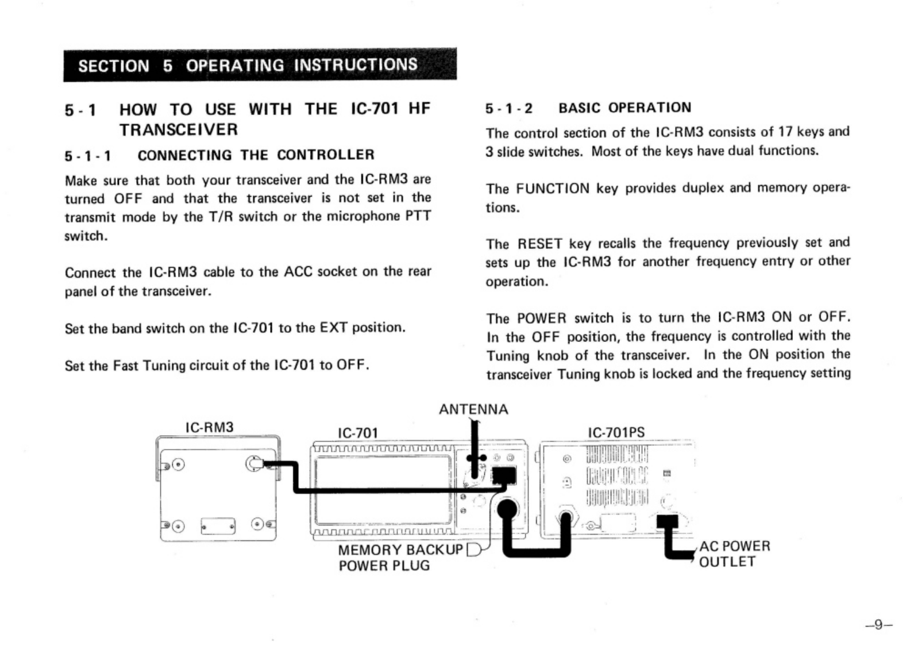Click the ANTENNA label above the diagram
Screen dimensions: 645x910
pos(473,409)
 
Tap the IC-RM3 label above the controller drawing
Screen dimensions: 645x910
pos(209,427)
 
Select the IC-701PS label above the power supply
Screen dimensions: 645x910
pos(616,432)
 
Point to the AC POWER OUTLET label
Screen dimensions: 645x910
pos(734,554)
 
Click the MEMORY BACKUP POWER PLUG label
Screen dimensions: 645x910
pos(400,558)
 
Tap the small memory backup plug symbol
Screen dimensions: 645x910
pos(475,551)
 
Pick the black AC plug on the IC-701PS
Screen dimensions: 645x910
pos(667,522)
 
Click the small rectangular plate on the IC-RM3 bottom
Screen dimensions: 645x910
pos(218,525)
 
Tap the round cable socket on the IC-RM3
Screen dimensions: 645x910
pos(253,463)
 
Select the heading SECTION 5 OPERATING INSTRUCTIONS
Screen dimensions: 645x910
pos(248,65)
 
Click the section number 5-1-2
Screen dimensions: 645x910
pos(508,109)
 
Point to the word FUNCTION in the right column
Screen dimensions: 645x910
pos(552,189)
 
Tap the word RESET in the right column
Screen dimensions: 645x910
pos(539,244)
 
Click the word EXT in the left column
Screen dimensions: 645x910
pos(333,328)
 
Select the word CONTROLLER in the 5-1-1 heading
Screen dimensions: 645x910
pos(325,155)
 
